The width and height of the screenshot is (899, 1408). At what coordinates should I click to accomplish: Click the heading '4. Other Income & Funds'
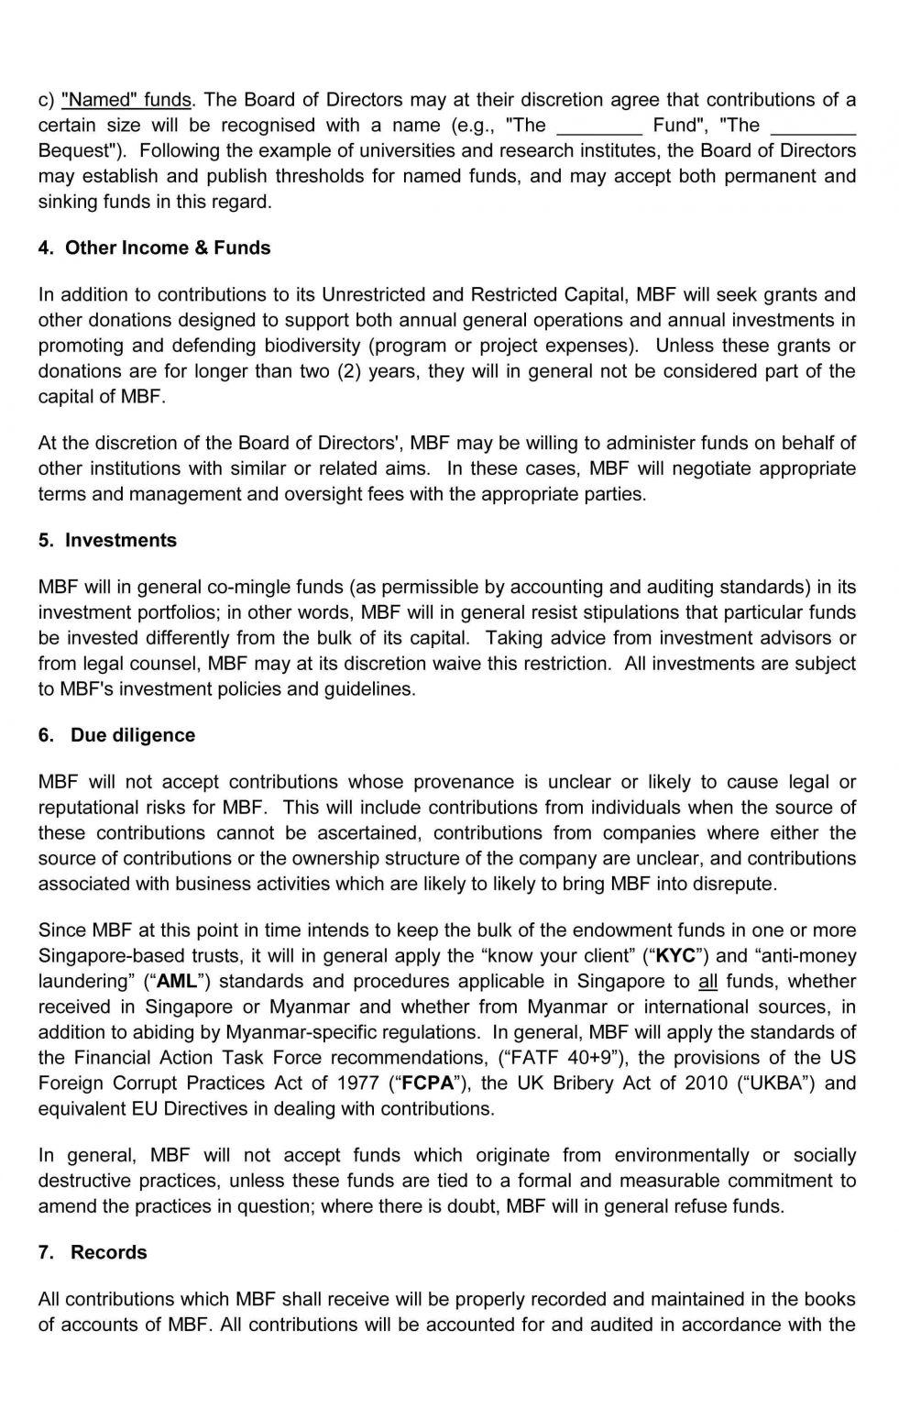[x=154, y=247]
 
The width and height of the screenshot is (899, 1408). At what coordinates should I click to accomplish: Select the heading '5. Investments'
[x=107, y=540]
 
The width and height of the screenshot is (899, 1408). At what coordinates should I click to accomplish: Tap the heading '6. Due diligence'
[x=116, y=735]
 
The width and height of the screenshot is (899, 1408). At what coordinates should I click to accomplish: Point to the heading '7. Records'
[x=93, y=1252]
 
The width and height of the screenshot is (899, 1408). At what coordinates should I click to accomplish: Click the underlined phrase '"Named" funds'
[x=126, y=99]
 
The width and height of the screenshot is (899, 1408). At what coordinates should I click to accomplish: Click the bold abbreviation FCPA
[x=428, y=1083]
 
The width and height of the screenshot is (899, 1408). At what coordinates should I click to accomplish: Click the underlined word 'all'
[x=707, y=981]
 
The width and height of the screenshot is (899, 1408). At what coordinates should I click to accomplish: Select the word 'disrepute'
[x=733, y=884]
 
